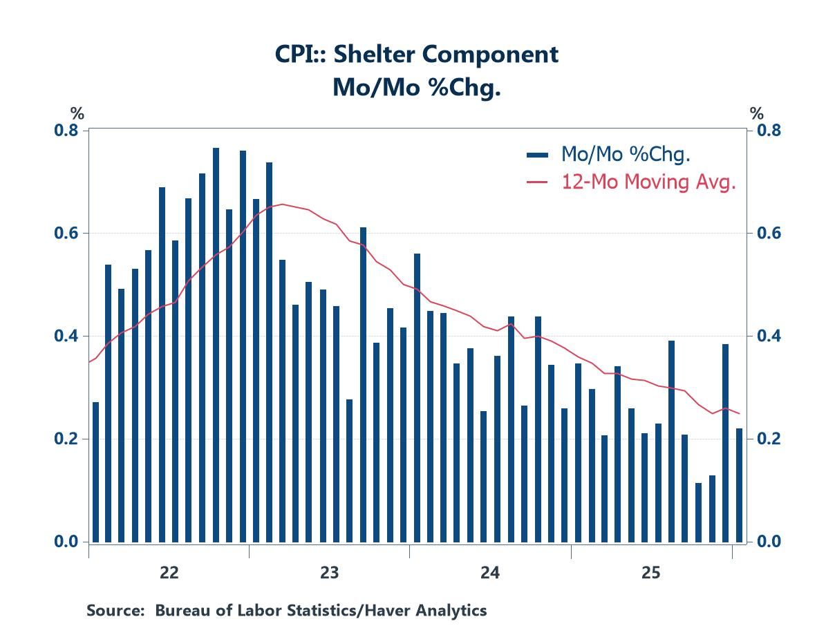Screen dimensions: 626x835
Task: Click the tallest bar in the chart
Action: coord(216,345)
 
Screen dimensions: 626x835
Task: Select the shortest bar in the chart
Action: coord(698,512)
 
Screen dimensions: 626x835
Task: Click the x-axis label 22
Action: coord(169,573)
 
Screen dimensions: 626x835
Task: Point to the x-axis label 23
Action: coord(329,573)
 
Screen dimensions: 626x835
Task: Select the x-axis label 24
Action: coord(490,573)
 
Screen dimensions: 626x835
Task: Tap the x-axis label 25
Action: coord(651,573)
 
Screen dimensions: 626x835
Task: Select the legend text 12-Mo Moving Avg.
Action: coord(648,182)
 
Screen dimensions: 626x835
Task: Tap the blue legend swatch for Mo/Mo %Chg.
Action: coord(538,155)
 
